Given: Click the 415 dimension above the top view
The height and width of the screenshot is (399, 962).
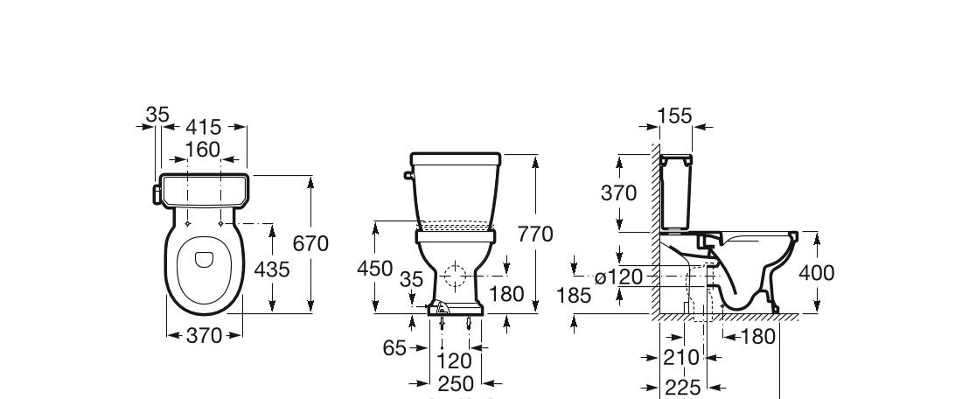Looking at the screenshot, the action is [203, 127].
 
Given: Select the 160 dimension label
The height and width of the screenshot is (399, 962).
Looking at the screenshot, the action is [203, 149].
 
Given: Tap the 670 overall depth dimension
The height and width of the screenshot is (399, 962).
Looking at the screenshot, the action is [310, 244].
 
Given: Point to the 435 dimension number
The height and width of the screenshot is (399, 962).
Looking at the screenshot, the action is [271, 269].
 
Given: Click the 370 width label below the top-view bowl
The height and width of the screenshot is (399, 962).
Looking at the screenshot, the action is [204, 335].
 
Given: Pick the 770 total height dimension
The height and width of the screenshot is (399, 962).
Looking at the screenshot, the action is [535, 234].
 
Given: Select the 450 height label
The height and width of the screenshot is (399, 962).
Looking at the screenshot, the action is [374, 269].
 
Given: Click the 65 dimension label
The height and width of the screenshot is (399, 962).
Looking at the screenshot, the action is [394, 348].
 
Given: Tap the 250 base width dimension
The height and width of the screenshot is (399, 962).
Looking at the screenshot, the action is [456, 383].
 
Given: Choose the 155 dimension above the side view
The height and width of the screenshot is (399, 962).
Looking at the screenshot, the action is [674, 115].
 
